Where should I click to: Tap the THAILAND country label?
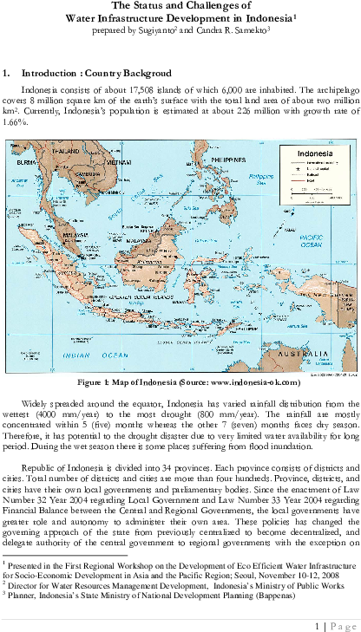[x=65, y=151]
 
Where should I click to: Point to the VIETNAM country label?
[x=119, y=162]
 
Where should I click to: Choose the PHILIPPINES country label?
[x=228, y=160]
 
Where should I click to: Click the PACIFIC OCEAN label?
[x=311, y=240]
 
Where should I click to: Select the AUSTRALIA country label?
[x=302, y=355]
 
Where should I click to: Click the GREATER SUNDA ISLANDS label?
[x=140, y=297]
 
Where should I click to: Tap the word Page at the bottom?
[x=343, y=626]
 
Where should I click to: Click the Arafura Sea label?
[x=296, y=326]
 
